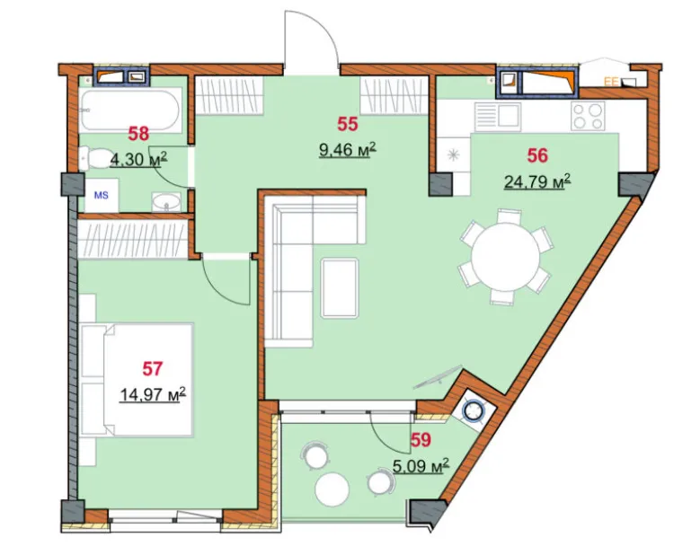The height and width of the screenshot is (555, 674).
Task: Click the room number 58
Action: [138, 134]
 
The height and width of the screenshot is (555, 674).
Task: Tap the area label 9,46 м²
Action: [348, 150]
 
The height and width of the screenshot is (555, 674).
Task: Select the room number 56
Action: [537, 155]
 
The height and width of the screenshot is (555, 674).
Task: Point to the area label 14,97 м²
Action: [153, 394]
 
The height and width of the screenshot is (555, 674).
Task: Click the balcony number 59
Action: [421, 440]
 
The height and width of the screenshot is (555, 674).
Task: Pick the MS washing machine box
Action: [102, 196]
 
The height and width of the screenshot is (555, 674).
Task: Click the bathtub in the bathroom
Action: [129, 110]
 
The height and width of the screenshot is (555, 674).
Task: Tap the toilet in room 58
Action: [95, 158]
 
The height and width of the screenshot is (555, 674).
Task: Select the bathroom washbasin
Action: [166, 202]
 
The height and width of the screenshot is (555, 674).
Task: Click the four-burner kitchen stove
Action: [588, 117]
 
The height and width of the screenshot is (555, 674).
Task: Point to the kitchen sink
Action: [498, 117]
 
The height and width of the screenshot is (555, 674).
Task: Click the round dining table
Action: [505, 256]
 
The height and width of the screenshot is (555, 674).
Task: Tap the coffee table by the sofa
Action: [340, 287]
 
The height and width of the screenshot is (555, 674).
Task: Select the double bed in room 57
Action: [137, 380]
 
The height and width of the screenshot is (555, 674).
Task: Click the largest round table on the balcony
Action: [332, 489]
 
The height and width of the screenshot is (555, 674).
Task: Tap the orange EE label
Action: [611, 81]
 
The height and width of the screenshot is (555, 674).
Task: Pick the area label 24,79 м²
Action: [537, 181]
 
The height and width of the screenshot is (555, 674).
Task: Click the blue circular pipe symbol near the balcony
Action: [474, 410]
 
